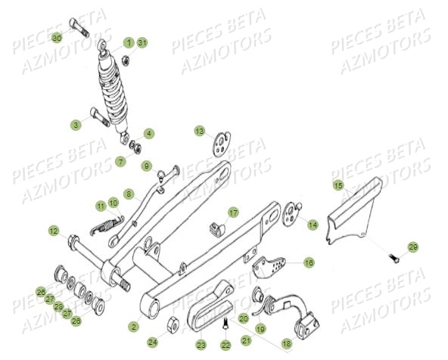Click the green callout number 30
[58, 38]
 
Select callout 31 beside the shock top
[142, 42]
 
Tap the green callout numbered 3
[76, 124]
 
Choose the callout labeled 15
[338, 185]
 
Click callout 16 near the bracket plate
[309, 262]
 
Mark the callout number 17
[233, 213]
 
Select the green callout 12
[54, 230]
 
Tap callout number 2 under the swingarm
[133, 327]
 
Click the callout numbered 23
[201, 345]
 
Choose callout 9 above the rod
[148, 166]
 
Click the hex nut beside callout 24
[171, 325]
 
